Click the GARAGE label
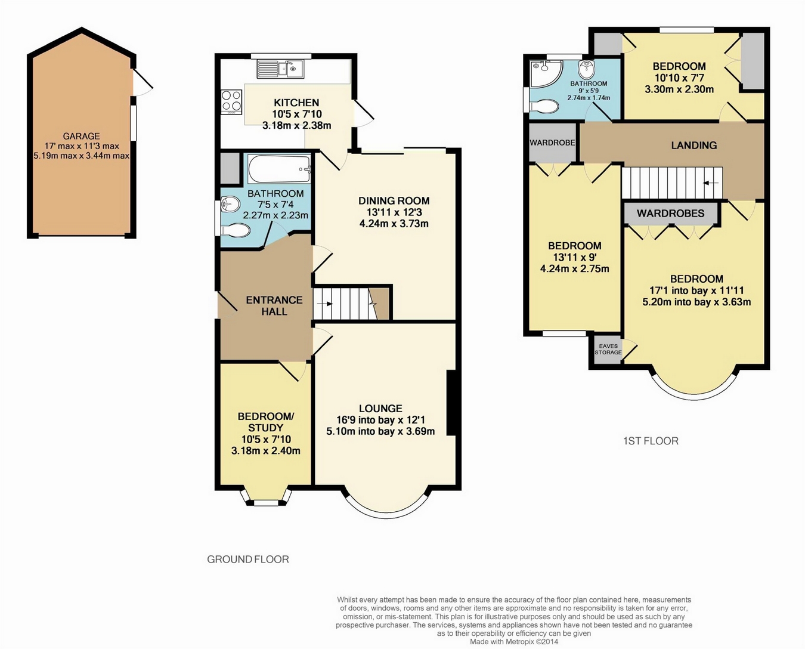point(81,136)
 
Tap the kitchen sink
point(281,69)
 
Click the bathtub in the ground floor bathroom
point(280,169)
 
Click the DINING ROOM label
point(394,200)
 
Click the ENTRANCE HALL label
point(274,305)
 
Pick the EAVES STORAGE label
point(608,349)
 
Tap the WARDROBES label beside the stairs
point(671,214)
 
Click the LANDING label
point(694,145)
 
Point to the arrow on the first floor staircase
point(711,183)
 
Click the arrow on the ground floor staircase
point(325,304)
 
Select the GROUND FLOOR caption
point(248,559)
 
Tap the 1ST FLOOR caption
point(651,441)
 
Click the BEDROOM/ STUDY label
point(265,422)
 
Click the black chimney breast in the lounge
point(451,403)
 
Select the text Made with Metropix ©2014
point(514,641)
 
